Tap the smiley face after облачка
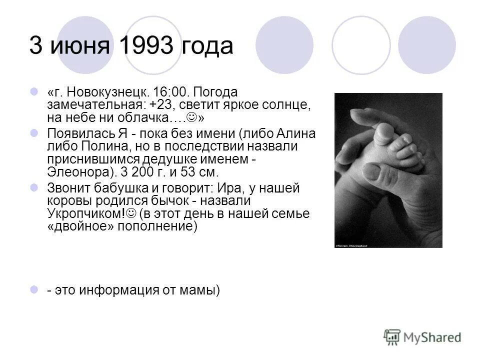[x=191, y=117]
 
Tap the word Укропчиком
[x=84, y=213]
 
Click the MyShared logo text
[x=433, y=337]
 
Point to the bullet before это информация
[x=34, y=289]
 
